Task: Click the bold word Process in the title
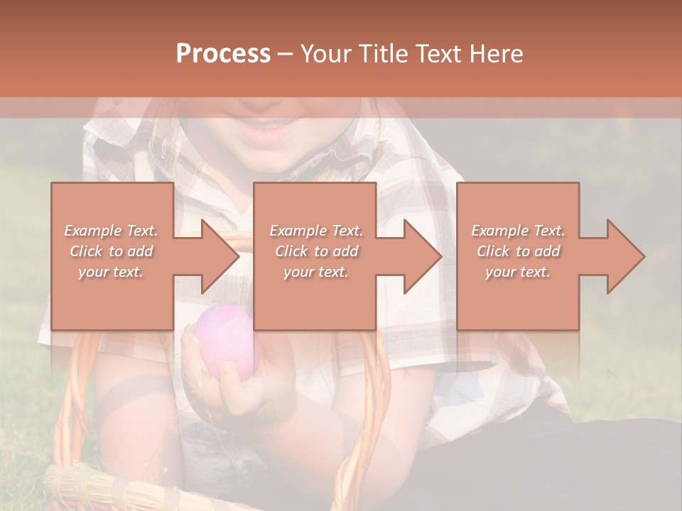(223, 53)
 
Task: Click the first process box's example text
(112, 251)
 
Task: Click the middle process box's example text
(315, 251)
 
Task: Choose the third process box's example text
(517, 251)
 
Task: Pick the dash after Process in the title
(286, 54)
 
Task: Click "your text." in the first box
(111, 272)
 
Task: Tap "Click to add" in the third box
(518, 251)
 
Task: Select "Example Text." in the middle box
(316, 231)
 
